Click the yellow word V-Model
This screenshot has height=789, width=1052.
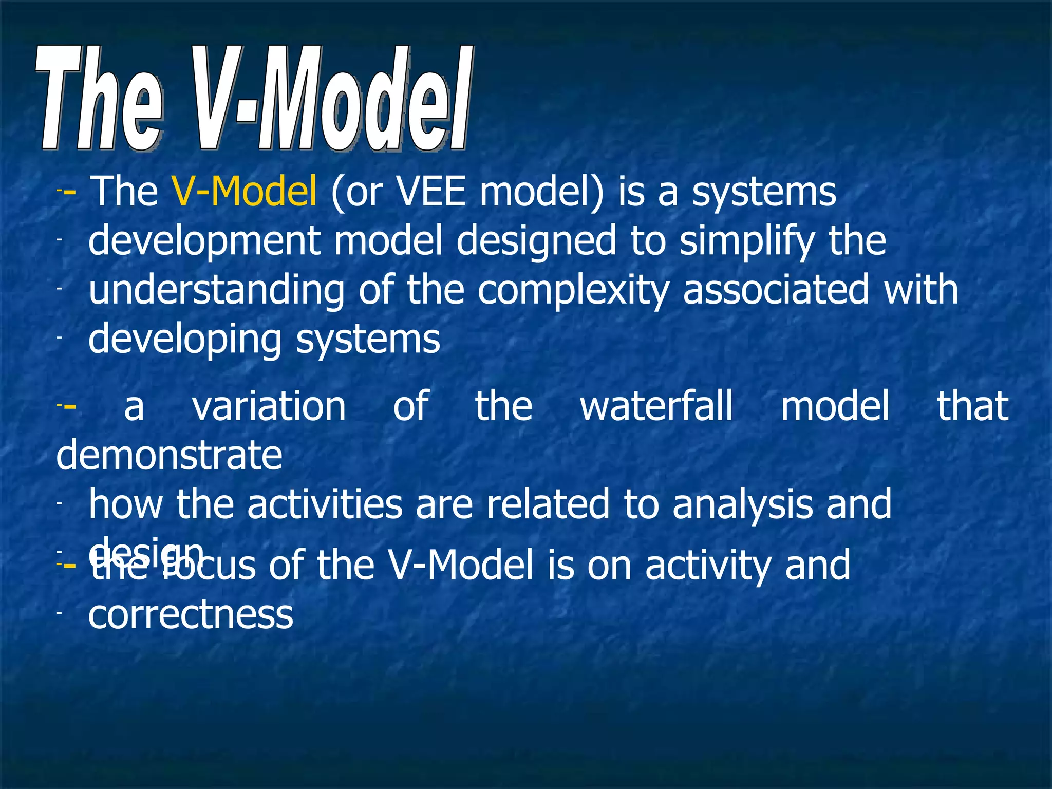(x=244, y=192)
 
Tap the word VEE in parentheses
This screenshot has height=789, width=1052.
(x=431, y=192)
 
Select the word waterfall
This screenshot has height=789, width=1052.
(x=656, y=406)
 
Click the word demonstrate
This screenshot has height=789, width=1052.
(x=169, y=456)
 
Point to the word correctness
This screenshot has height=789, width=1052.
(x=191, y=615)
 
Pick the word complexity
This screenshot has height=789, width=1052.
(x=573, y=291)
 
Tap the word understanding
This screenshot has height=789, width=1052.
(x=216, y=291)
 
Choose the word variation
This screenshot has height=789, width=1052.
(x=269, y=406)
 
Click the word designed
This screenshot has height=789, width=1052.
(x=536, y=241)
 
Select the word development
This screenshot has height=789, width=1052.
(x=204, y=241)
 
